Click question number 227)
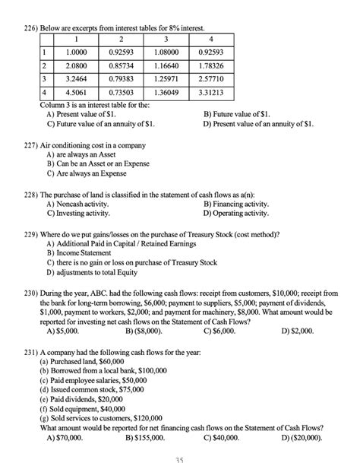[33, 145]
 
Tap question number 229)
[33, 236]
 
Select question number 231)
[33, 354]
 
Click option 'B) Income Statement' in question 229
[84, 253]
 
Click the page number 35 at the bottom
[179, 458]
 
